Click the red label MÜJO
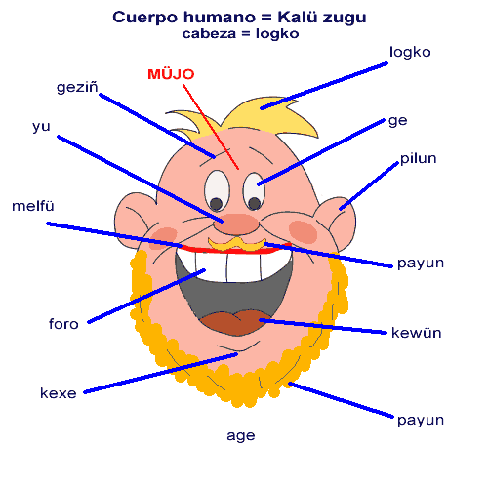coord(171,74)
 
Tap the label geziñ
coord(77,87)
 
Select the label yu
coord(41,126)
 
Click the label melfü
coord(33,206)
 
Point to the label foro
coord(63,324)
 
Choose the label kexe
coord(59,393)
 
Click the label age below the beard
coord(241,436)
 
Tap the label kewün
coord(417,333)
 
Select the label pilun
coord(419,158)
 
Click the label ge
coord(398,121)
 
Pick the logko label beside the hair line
coord(410,52)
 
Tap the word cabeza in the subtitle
coord(209,34)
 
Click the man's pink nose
coord(236,224)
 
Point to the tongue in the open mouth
coord(236,322)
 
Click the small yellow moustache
coord(237,245)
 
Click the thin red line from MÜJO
coord(211,127)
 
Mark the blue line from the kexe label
coord(161,373)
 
